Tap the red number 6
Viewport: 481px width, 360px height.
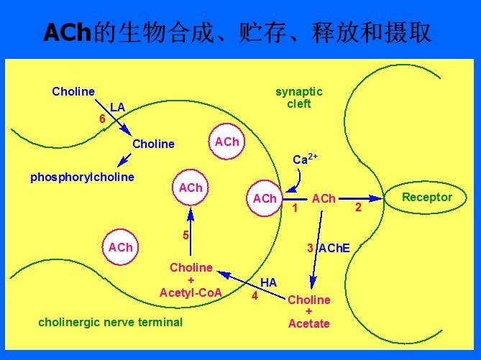click(102, 117)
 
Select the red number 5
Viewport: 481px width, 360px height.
click(185, 235)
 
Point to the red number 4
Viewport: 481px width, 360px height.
click(255, 295)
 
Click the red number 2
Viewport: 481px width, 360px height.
click(358, 208)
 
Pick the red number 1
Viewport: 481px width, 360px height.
click(295, 208)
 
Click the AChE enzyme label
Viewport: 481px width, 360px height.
click(334, 248)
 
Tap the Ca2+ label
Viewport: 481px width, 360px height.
click(305, 160)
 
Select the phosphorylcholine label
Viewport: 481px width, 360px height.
click(82, 177)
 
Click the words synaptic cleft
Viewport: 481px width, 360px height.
click(299, 98)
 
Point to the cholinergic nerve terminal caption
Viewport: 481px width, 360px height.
click(110, 322)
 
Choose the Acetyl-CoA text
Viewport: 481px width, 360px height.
click(191, 292)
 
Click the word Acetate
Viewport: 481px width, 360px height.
click(308, 323)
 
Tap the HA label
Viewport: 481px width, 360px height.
click(268, 283)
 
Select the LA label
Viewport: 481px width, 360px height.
click(117, 107)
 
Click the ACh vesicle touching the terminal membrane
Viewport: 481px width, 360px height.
click(265, 198)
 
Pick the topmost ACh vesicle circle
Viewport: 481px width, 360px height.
click(226, 142)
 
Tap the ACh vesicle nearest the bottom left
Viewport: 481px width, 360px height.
click(121, 247)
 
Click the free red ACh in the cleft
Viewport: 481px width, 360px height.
click(324, 198)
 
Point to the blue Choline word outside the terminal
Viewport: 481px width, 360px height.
click(73, 91)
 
